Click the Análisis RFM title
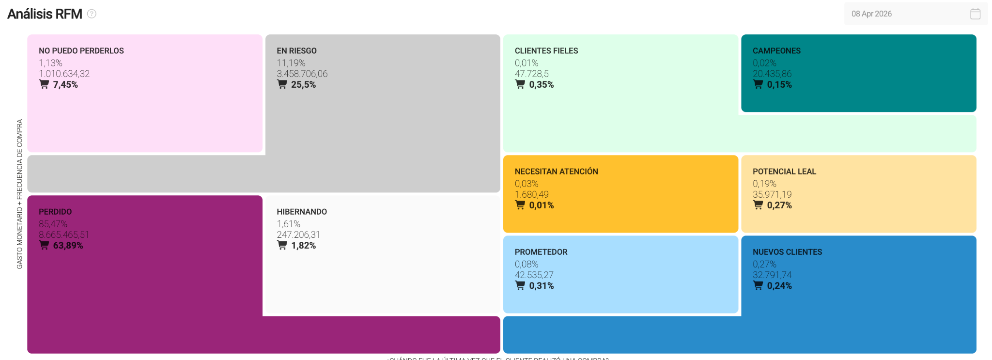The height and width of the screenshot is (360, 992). (x=45, y=14)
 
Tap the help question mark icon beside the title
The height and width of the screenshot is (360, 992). (x=92, y=14)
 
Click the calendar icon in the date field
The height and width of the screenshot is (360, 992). (x=975, y=14)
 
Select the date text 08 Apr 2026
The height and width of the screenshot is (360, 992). (x=871, y=14)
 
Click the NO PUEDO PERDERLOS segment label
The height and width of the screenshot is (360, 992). (x=81, y=51)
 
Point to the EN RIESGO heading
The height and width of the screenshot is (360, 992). (x=296, y=51)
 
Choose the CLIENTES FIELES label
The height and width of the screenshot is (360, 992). (x=546, y=51)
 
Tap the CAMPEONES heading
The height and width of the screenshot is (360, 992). (x=776, y=51)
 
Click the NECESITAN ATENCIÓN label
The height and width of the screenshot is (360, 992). (x=556, y=172)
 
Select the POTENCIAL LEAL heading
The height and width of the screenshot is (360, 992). (x=784, y=172)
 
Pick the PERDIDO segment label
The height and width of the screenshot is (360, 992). (x=55, y=212)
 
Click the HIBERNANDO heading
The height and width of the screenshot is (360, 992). (x=302, y=212)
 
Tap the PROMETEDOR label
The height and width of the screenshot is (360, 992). (x=541, y=252)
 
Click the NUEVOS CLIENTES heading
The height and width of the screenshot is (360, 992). (x=787, y=252)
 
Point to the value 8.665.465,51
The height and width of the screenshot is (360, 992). (x=64, y=235)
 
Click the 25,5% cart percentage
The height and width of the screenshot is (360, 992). (x=303, y=85)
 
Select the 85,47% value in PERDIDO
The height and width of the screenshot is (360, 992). (x=53, y=224)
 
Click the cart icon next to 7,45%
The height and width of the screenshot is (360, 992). (x=44, y=84)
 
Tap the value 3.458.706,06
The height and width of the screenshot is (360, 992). (x=302, y=74)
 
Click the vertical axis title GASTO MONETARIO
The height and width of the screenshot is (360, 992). (x=19, y=194)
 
